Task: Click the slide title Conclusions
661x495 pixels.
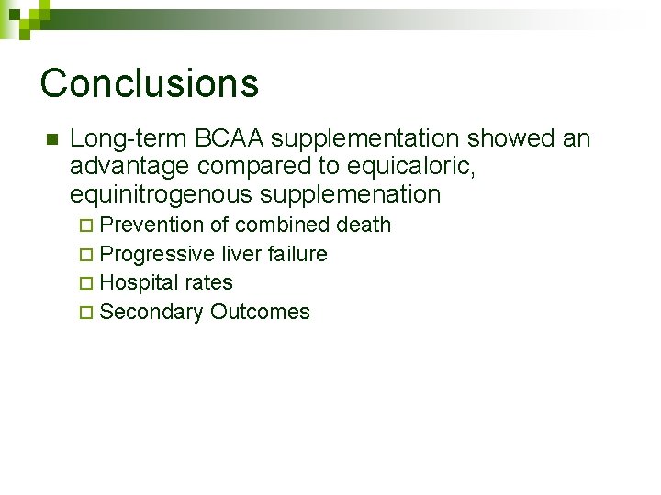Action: pyautogui.click(x=150, y=82)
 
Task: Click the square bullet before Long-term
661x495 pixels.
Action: pyautogui.click(x=51, y=140)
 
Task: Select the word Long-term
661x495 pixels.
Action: pyautogui.click(x=129, y=138)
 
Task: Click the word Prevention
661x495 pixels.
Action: pyautogui.click(x=151, y=225)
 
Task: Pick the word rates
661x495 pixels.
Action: pyautogui.click(x=208, y=282)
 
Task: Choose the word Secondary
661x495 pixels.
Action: pyautogui.click(x=151, y=312)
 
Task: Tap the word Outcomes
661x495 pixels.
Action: pyautogui.click(x=260, y=312)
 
